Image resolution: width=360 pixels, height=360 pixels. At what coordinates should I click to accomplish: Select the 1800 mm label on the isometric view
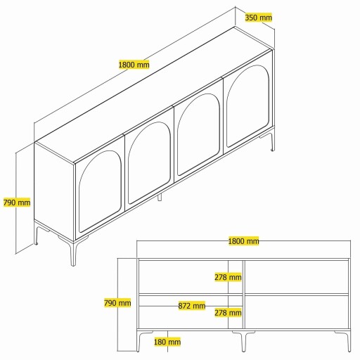[134, 65]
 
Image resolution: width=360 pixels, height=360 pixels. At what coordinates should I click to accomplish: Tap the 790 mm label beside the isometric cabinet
[16, 202]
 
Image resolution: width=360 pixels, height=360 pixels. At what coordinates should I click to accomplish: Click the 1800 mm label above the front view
[243, 241]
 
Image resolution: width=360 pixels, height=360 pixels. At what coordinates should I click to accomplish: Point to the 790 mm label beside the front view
[117, 303]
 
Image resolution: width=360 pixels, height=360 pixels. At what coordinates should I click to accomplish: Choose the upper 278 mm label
[229, 277]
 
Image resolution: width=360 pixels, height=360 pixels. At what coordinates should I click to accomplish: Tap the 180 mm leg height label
[167, 342]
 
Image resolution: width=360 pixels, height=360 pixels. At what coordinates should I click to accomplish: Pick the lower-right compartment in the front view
[298, 311]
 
